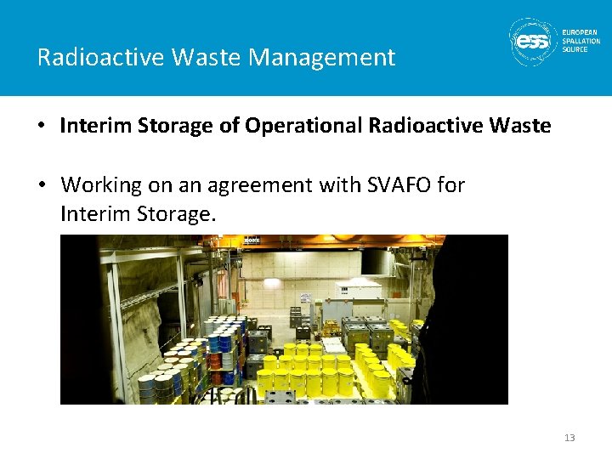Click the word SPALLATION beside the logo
pyautogui.click(x=581, y=41)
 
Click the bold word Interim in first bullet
pyautogui.click(x=92, y=126)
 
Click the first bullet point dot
pyautogui.click(x=41, y=127)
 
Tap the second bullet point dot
pyautogui.click(x=41, y=184)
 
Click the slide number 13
pyautogui.click(x=569, y=438)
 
